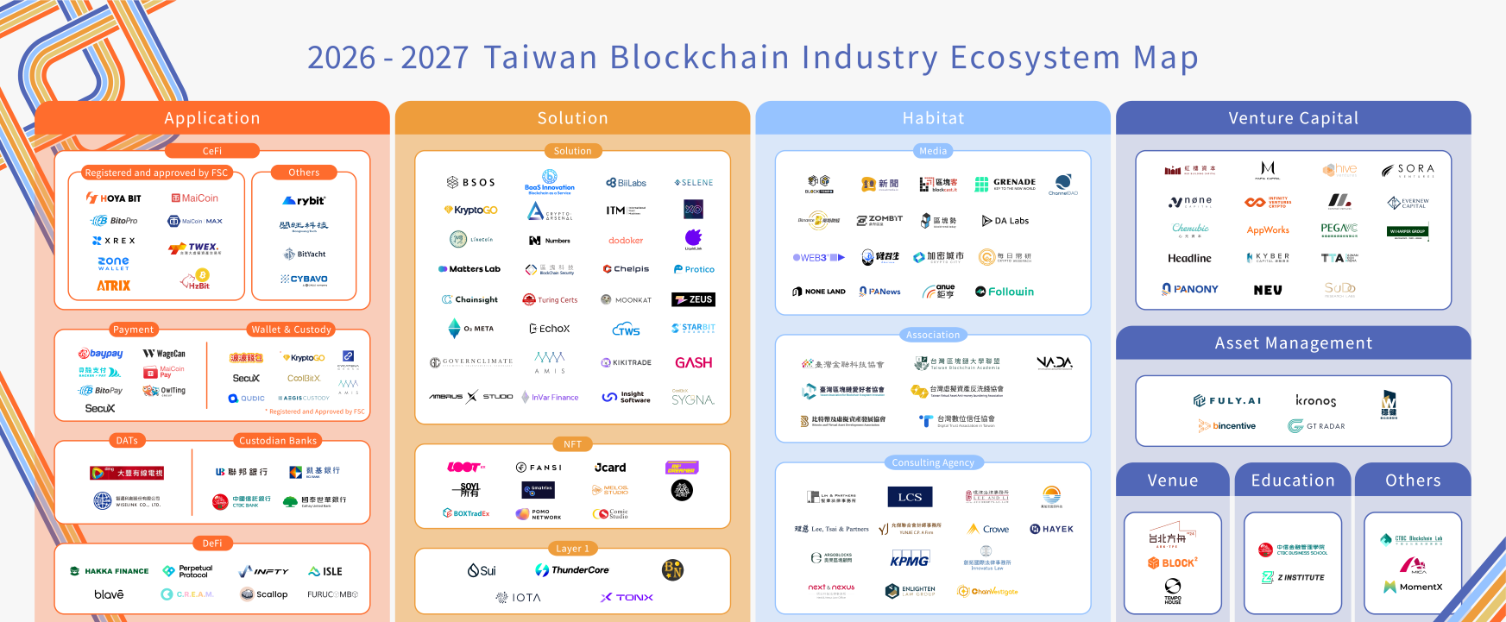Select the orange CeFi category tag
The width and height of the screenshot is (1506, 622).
pyautogui.click(x=212, y=151)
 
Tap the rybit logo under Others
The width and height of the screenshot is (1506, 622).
pyautogui.click(x=305, y=200)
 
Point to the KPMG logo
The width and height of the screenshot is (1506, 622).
pyautogui.click(x=910, y=560)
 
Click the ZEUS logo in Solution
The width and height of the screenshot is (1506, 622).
pyautogui.click(x=694, y=299)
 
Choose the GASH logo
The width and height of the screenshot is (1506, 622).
pyautogui.click(x=693, y=362)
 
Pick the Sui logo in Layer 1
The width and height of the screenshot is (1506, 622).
pyautogui.click(x=482, y=570)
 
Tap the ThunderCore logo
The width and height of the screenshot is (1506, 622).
pyautogui.click(x=572, y=570)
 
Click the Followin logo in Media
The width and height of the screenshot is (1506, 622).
pyautogui.click(x=1005, y=292)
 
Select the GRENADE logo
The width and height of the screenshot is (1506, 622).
pyautogui.click(x=1005, y=183)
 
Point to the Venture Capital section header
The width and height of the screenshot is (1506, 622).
pyautogui.click(x=1293, y=118)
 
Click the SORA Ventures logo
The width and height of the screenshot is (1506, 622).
pyautogui.click(x=1408, y=170)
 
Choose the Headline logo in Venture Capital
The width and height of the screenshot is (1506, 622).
pyautogui.click(x=1189, y=258)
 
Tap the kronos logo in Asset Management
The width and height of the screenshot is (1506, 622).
pyautogui.click(x=1315, y=401)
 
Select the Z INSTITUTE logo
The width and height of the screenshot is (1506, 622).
pyautogui.click(x=1293, y=577)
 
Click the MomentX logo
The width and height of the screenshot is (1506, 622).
pyautogui.click(x=1413, y=587)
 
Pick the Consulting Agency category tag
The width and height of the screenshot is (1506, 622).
pyautogui.click(x=933, y=462)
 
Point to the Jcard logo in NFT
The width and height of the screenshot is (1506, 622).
pyautogui.click(x=610, y=468)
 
